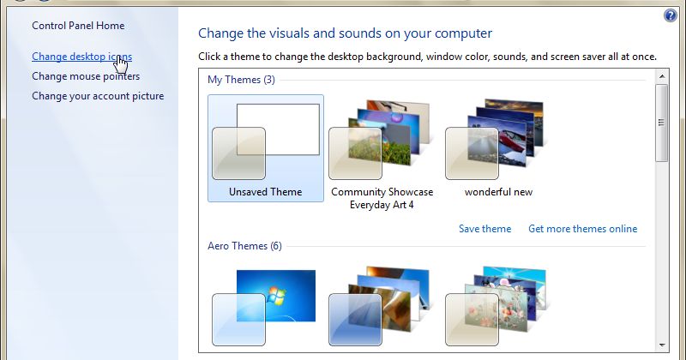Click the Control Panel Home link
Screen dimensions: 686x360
coord(78,26)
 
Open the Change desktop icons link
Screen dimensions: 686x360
coord(81,57)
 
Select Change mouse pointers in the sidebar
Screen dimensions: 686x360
coord(86,76)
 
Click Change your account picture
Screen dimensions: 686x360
coord(98,96)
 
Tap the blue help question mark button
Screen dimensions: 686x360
coord(671,15)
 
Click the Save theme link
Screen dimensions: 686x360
coord(484,229)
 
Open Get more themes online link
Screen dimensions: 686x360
coord(583,229)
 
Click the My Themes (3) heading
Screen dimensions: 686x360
coord(241,80)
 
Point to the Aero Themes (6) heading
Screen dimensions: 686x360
coord(244,246)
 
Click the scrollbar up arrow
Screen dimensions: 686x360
coord(662,76)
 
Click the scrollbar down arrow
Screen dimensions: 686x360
coord(662,345)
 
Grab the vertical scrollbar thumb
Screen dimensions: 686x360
coord(662,123)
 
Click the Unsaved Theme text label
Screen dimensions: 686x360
coord(266,192)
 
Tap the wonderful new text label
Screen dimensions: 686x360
coord(498,192)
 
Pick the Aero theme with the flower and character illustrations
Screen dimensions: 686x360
coord(498,306)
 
